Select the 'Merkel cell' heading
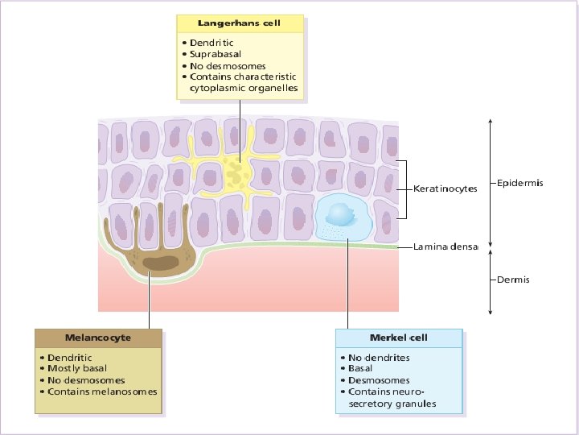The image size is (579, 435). coord(398,337)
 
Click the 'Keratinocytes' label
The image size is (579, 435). coord(445,189)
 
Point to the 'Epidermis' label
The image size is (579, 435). coord(520,183)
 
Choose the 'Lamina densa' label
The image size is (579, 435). coord(446,246)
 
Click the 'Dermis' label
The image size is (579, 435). coord(514,280)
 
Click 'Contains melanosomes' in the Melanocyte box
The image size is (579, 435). coord(102,391)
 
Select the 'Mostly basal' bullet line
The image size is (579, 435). coord(76,368)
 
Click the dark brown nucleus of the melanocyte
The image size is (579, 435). coord(164,263)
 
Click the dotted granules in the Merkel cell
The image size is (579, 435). coord(331,232)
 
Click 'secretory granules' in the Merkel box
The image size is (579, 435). coord(393,403)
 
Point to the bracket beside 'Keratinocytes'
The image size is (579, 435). coord(404,189)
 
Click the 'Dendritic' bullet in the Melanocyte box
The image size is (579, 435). coord(69,357)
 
